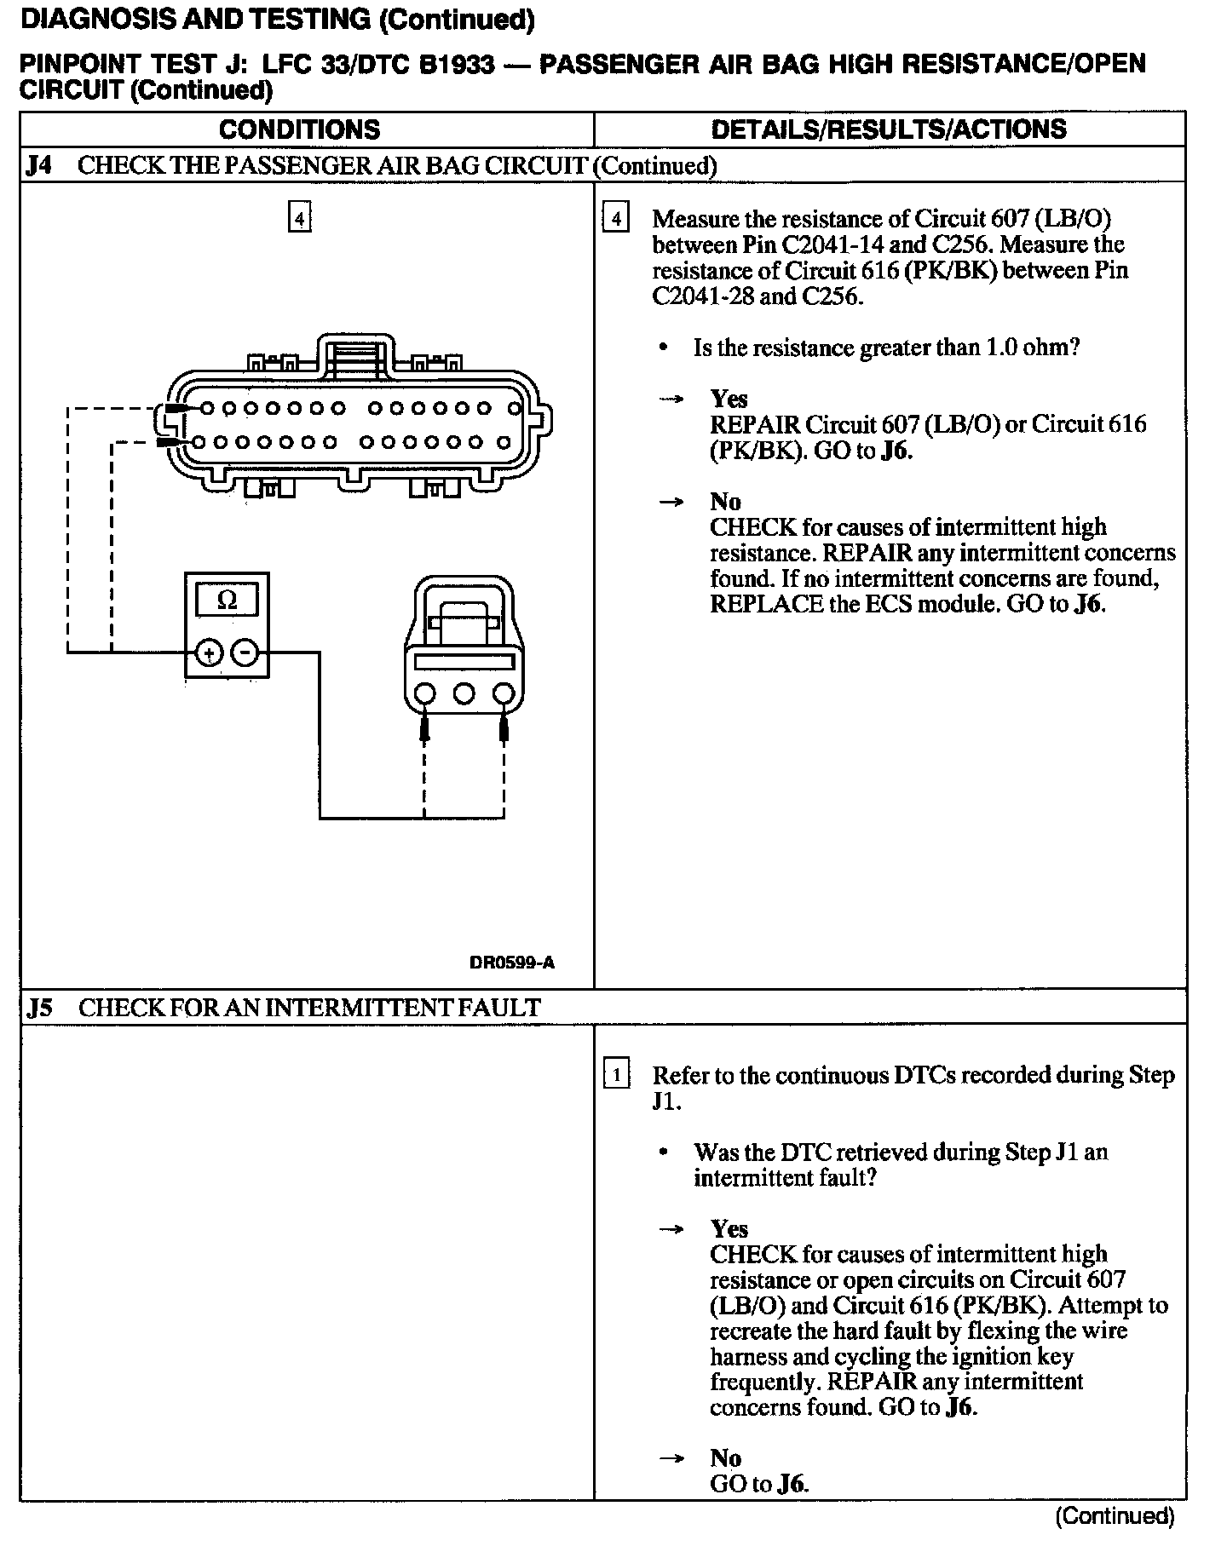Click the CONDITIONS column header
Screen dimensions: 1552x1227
pyautogui.click(x=299, y=129)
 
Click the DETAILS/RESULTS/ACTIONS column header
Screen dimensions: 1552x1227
pyautogui.click(x=889, y=129)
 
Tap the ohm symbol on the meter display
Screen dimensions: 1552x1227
pyautogui.click(x=227, y=600)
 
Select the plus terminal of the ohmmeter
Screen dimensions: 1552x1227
pyautogui.click(x=208, y=653)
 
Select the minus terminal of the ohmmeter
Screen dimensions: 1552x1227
pyautogui.click(x=245, y=653)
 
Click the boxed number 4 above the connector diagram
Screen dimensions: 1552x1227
pyautogui.click(x=299, y=219)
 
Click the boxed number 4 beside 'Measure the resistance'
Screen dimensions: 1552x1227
pyautogui.click(x=615, y=219)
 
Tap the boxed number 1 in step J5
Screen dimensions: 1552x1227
pyautogui.click(x=615, y=1075)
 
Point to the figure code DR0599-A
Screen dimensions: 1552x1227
pyautogui.click(x=511, y=963)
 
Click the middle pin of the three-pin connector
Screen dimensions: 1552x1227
pyautogui.click(x=464, y=693)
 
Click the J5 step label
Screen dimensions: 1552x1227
pyautogui.click(x=39, y=1008)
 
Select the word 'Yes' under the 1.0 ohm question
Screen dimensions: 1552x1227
pyautogui.click(x=729, y=399)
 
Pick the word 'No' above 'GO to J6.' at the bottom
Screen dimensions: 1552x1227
pyautogui.click(x=725, y=1457)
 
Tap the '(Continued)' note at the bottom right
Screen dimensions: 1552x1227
pyautogui.click(x=1115, y=1516)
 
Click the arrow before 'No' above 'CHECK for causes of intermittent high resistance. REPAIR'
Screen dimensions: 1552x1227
pyautogui.click(x=671, y=502)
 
